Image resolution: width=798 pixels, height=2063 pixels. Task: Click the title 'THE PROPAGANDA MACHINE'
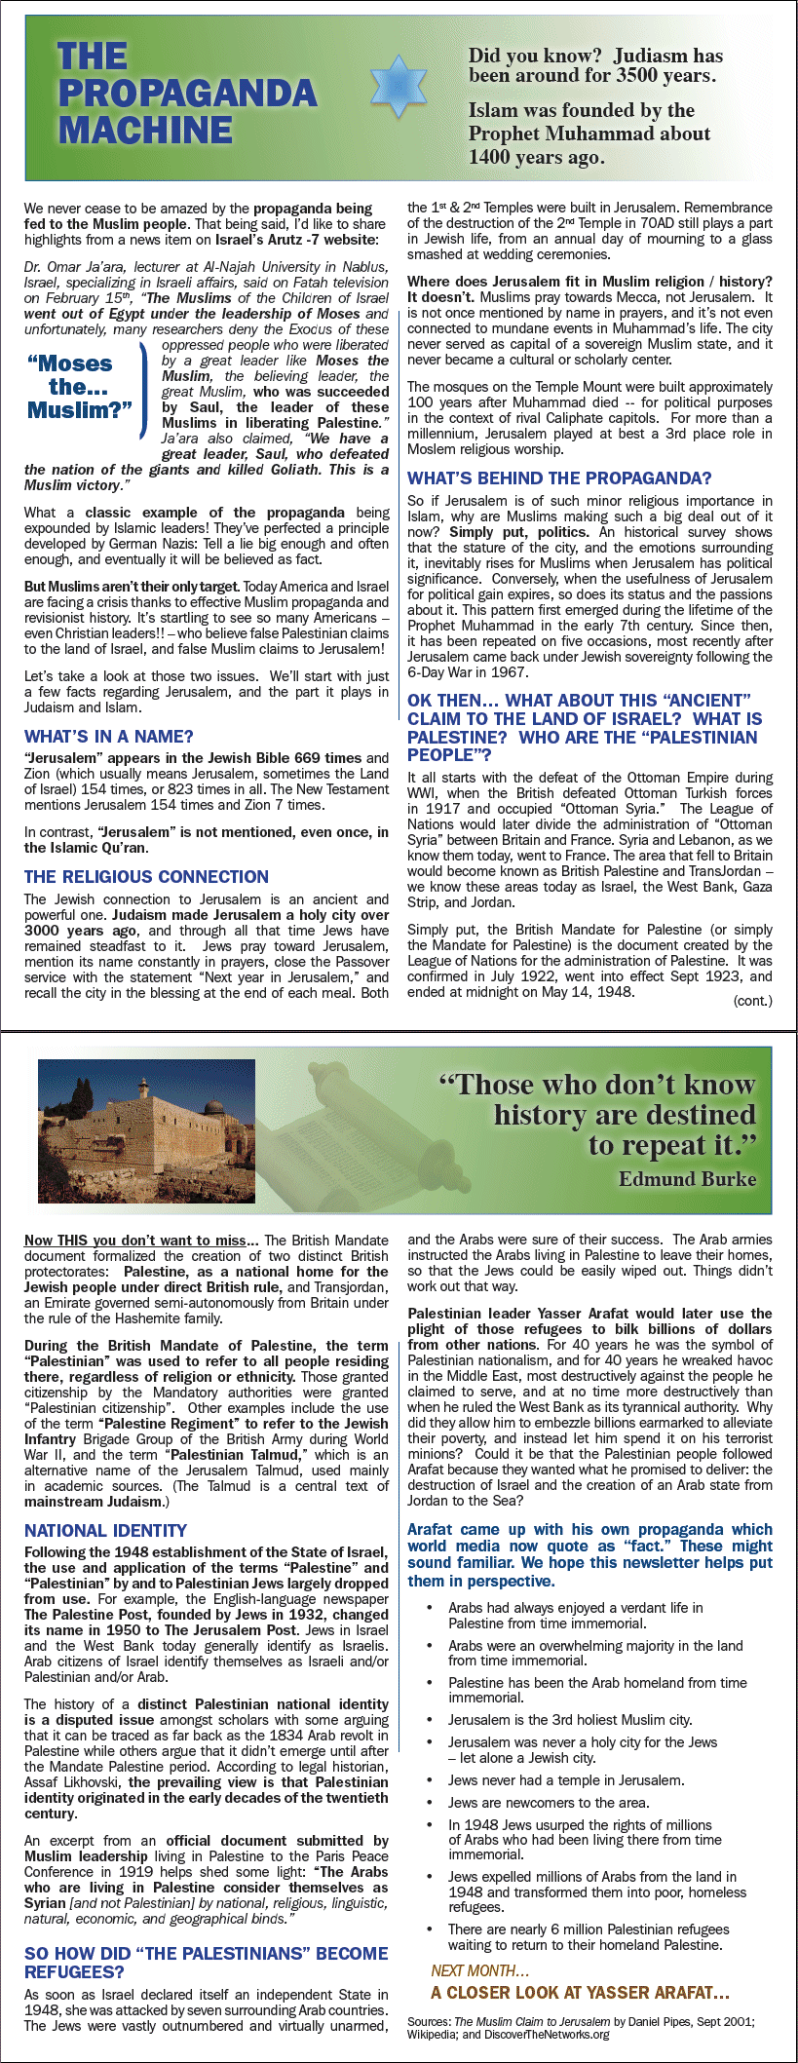186,93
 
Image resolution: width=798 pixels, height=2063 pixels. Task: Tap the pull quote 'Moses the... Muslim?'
80,387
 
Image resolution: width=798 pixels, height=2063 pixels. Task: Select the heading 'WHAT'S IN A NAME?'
109,737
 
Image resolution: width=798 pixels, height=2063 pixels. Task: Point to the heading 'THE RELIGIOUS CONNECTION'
146,877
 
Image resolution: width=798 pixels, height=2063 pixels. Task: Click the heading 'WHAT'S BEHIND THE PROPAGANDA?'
559,478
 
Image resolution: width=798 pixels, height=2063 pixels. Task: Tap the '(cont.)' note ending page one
752,1001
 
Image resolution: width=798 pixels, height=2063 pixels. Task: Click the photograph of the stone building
146,1131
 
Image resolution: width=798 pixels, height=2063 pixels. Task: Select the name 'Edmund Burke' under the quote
687,1179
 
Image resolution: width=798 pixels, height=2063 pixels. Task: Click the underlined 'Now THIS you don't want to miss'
141,1241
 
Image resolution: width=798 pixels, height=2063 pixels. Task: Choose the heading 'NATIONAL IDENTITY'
105,1531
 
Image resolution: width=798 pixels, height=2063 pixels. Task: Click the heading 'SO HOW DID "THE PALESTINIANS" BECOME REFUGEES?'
206,1963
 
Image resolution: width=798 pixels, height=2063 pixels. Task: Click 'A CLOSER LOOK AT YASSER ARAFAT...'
580,1992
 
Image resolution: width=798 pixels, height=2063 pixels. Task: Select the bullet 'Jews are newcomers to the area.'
549,1803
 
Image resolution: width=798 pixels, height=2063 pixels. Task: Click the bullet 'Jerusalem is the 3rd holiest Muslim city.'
570,1720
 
